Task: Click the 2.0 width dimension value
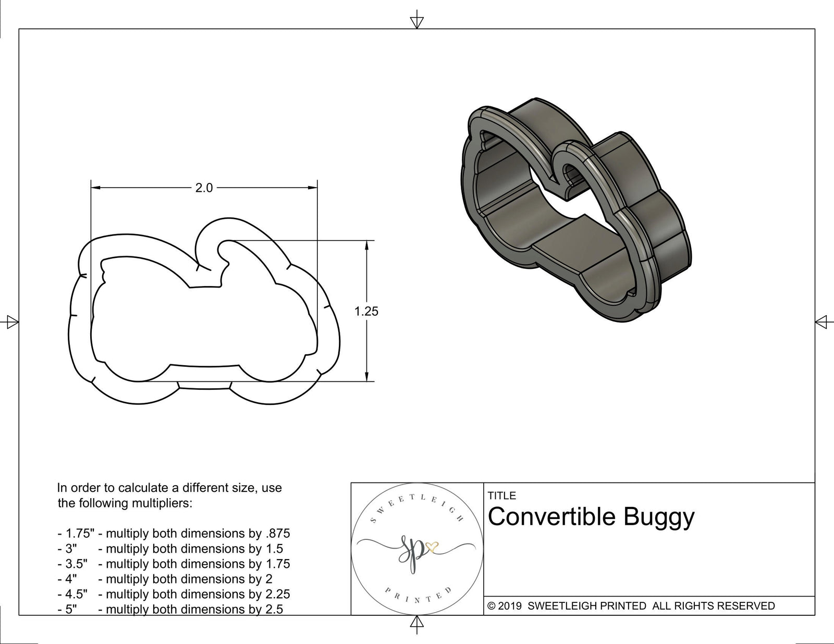click(204, 188)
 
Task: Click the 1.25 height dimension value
click(366, 312)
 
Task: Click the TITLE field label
click(502, 496)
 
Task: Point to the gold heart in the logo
click(432, 547)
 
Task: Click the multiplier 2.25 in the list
click(277, 594)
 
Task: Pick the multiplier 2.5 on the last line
click(274, 609)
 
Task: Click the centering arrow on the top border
click(416, 22)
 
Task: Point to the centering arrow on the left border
click(11, 322)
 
